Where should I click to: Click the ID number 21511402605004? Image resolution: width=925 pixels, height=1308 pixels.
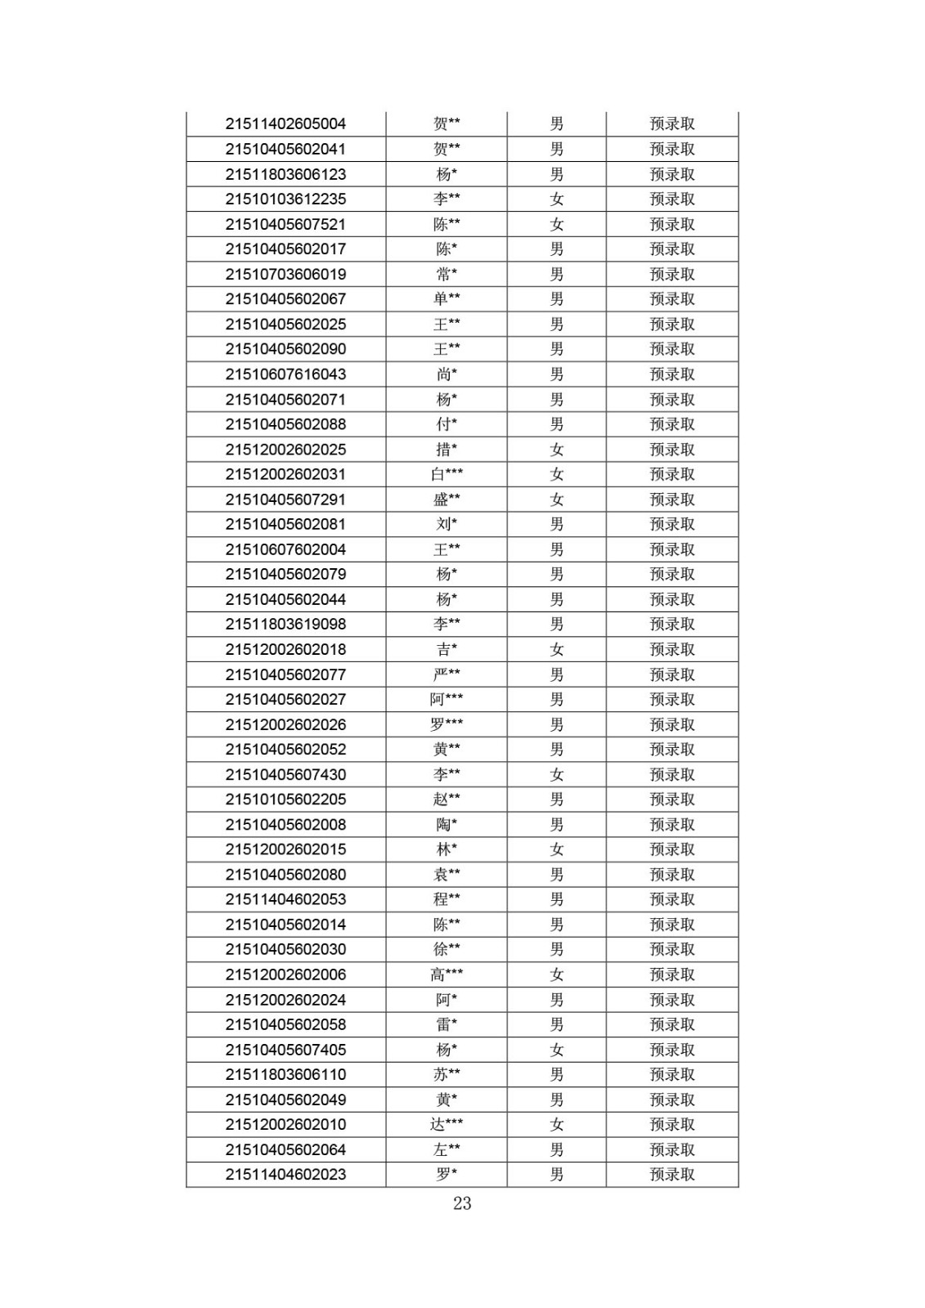pos(285,124)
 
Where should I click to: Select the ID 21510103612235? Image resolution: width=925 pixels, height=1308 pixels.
pos(285,199)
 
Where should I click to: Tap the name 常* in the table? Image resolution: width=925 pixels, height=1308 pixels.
pos(447,275)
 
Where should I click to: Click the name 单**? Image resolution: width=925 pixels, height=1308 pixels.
pos(447,299)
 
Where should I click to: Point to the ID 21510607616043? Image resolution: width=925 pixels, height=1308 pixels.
pos(285,374)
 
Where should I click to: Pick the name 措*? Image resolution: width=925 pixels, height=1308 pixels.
pos(447,450)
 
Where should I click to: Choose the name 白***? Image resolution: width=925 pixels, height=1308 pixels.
pos(447,474)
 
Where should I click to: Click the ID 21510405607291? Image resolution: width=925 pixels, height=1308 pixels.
pos(285,499)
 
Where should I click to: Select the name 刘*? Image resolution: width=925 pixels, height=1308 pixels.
pos(447,524)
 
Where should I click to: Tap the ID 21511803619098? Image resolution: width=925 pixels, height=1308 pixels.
pos(285,625)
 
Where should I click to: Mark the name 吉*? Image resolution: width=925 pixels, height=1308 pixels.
pos(447,650)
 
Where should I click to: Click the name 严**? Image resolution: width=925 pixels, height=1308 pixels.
pos(447,674)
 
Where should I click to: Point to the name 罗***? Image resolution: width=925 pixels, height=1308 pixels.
pos(447,724)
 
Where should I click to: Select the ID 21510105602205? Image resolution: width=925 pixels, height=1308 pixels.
pos(285,800)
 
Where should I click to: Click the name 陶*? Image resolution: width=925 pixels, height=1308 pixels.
pos(447,825)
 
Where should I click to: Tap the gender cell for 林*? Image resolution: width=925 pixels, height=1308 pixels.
pos(557,849)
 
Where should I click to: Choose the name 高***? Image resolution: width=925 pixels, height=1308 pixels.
pos(447,974)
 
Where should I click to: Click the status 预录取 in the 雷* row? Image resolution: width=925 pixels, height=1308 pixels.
pos(672,1024)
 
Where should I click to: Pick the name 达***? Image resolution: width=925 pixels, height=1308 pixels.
pos(447,1125)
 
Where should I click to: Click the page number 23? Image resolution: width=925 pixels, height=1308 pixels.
pos(462,1203)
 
